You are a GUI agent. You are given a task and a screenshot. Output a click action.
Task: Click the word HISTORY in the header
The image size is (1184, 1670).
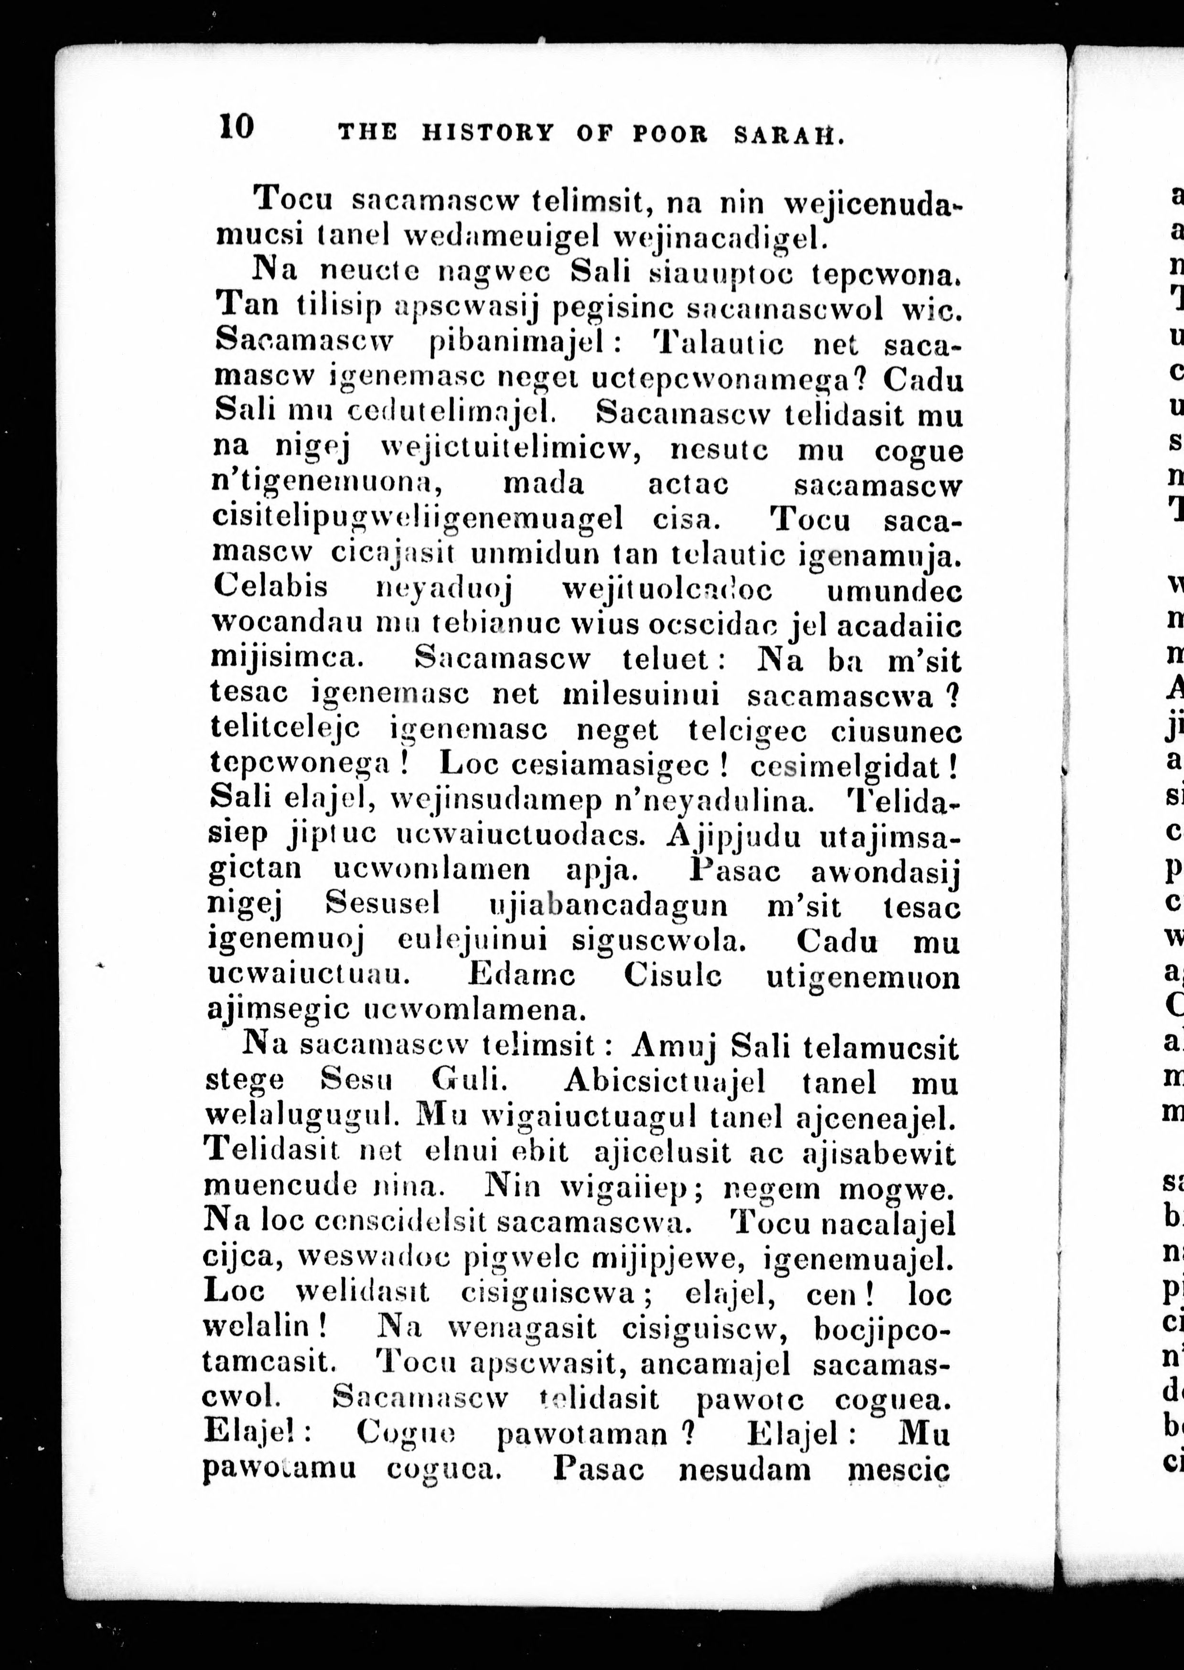(488, 133)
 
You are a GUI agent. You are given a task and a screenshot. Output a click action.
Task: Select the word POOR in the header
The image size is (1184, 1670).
(670, 134)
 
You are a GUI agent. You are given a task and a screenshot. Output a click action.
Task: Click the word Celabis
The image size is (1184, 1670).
(271, 588)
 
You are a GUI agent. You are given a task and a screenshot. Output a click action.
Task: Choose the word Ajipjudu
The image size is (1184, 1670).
(733, 836)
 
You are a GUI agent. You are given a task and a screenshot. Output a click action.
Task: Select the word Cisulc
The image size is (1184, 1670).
(672, 976)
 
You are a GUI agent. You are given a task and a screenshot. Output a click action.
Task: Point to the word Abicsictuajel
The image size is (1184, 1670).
(664, 1082)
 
